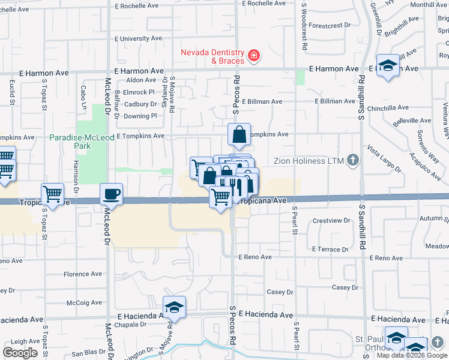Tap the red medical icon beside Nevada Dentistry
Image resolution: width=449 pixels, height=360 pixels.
254,56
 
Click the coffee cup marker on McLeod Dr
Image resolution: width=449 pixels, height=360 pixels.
111,194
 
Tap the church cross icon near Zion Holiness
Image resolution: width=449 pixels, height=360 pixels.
353,160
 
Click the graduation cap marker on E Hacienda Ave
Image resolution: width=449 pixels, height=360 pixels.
174,307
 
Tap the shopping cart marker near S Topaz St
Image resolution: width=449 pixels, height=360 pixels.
53,194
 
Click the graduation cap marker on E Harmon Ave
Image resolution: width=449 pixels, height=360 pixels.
388,65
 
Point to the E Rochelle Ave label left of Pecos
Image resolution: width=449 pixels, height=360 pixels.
142,6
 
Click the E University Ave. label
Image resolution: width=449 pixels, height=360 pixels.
142,38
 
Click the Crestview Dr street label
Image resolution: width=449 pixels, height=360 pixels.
331,221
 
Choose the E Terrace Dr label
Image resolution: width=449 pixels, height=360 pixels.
331,249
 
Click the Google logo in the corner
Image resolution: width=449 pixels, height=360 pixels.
20,352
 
